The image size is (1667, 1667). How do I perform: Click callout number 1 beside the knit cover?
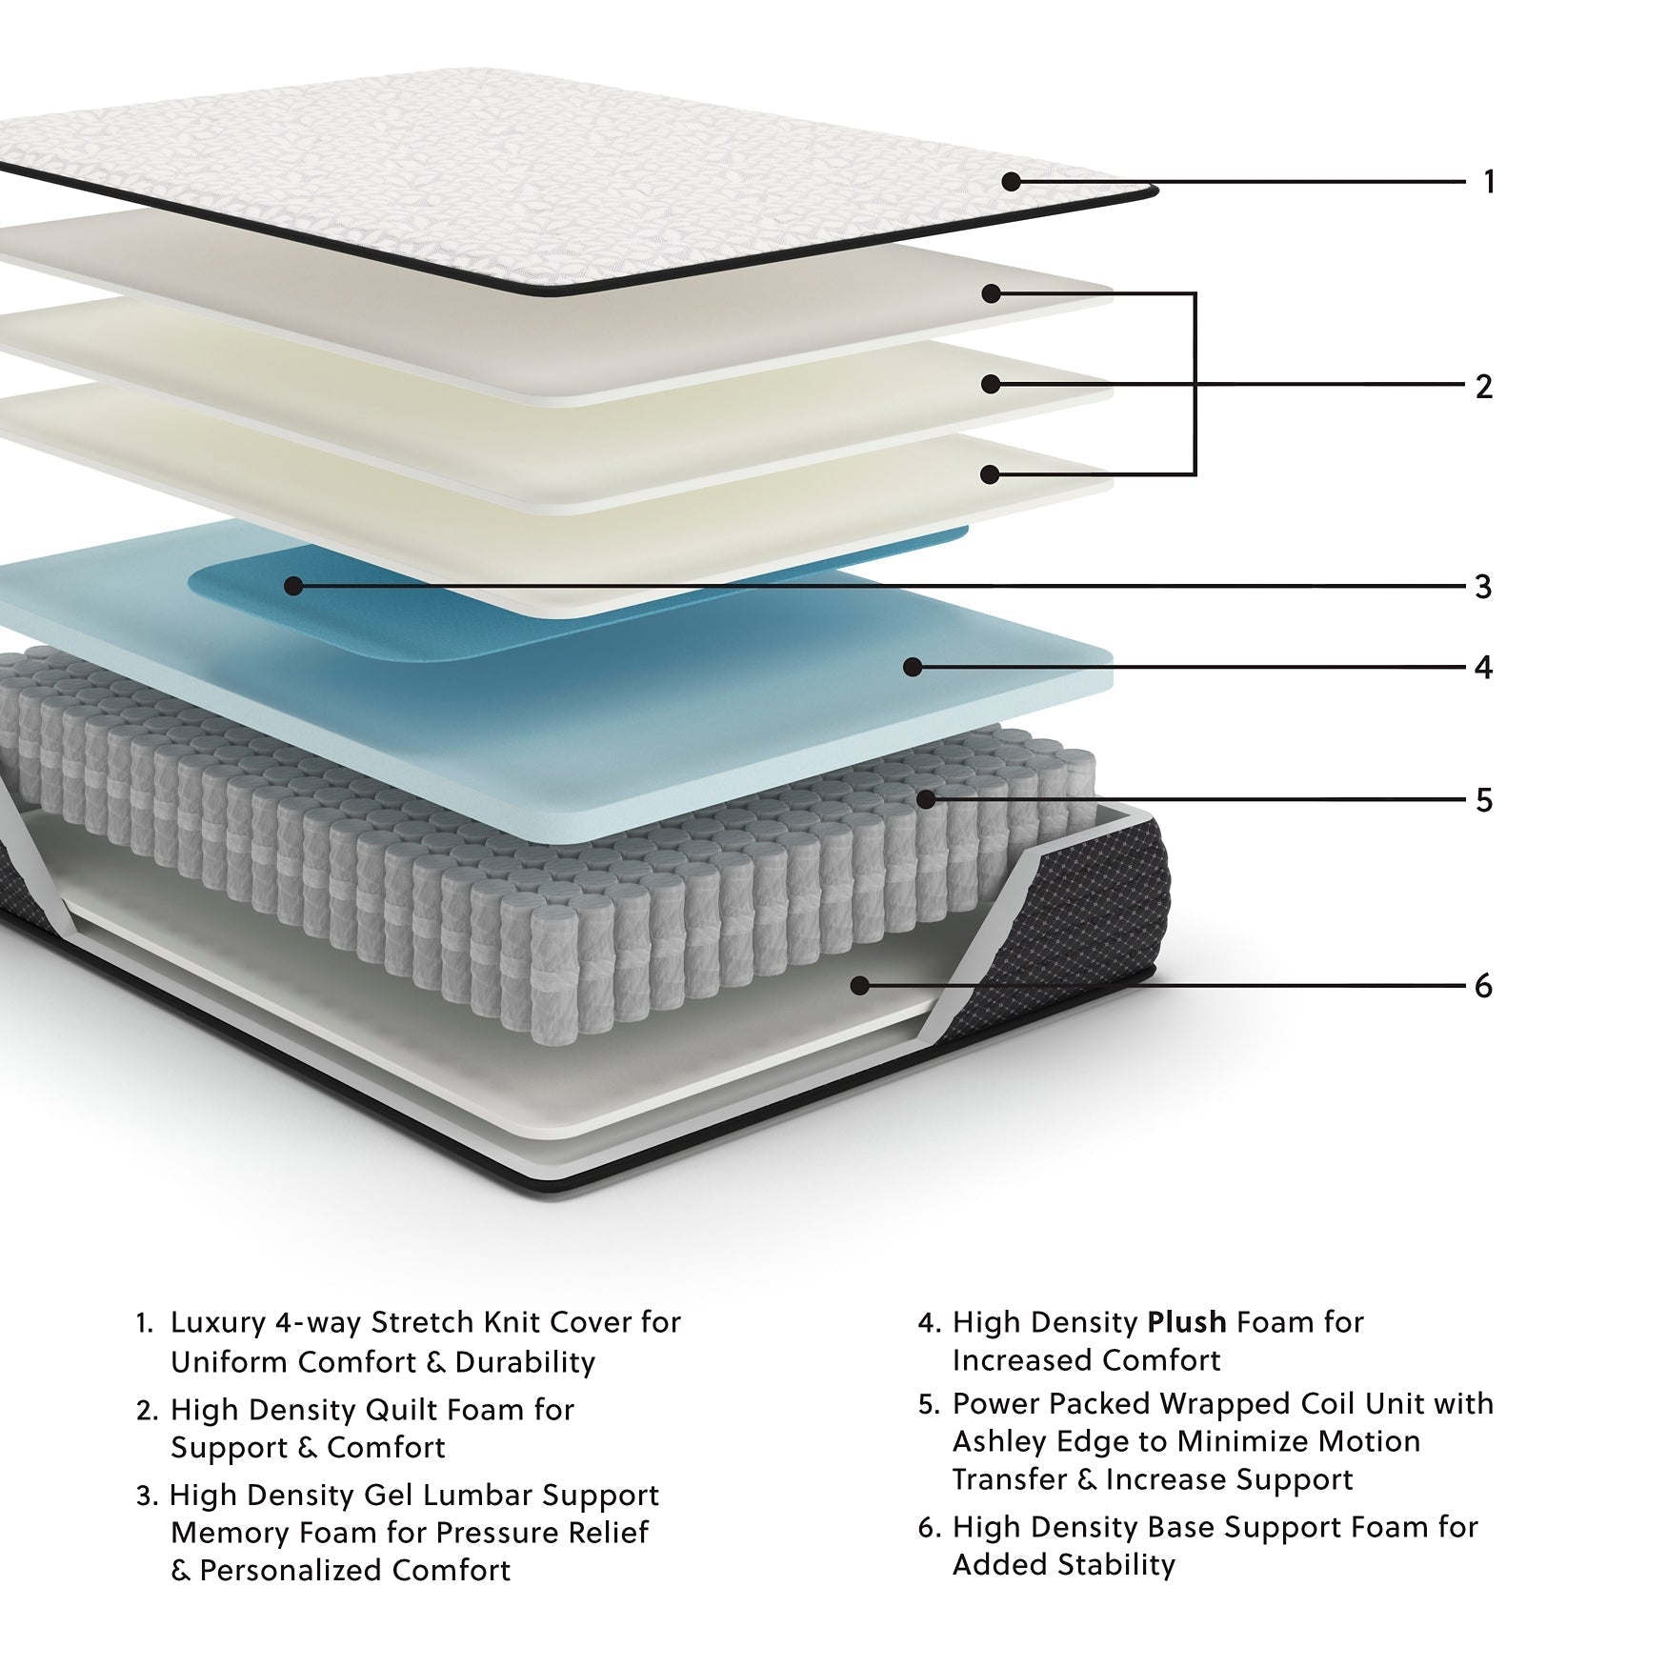(x=1489, y=181)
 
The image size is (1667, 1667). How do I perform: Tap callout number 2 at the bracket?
(x=1483, y=386)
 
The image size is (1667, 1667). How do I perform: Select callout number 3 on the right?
(x=1483, y=587)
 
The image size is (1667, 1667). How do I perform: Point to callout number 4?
(x=1483, y=667)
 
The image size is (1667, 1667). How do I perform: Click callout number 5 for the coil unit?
(x=1483, y=800)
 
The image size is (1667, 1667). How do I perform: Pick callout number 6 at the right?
(x=1483, y=986)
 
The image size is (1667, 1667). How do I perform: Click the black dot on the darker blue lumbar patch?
(x=293, y=586)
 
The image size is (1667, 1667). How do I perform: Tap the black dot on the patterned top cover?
(x=1012, y=181)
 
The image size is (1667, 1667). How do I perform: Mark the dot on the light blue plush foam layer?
(x=913, y=667)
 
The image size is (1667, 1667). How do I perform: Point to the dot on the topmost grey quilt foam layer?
(x=991, y=293)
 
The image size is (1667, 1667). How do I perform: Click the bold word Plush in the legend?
(x=1187, y=1322)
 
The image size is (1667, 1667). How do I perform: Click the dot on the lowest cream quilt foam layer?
(x=991, y=473)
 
